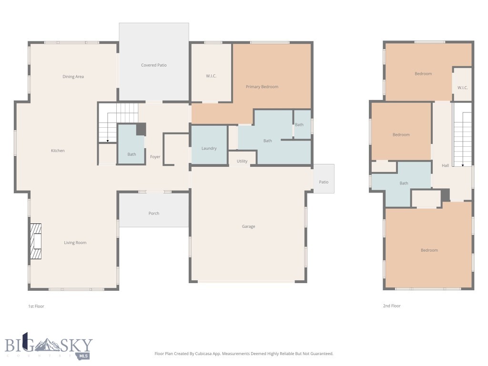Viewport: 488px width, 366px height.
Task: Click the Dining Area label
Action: (x=73, y=77)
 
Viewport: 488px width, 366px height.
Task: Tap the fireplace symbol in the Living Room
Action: (x=36, y=242)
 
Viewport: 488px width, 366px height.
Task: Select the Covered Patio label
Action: (x=153, y=65)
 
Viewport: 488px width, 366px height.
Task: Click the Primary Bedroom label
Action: (x=262, y=87)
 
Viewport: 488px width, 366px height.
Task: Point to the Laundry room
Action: (x=209, y=149)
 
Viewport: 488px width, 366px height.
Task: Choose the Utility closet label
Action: (x=242, y=161)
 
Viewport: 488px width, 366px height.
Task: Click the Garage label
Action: (x=248, y=226)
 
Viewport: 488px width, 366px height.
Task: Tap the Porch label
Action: (x=153, y=213)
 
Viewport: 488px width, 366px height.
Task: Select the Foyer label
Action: (x=155, y=157)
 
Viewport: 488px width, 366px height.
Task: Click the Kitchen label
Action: (x=58, y=151)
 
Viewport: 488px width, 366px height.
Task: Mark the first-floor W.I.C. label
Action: (x=211, y=76)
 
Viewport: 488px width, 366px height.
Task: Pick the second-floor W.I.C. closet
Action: (x=462, y=88)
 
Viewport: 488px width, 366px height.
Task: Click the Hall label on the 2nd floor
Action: (x=445, y=166)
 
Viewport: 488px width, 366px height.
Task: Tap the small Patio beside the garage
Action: (x=324, y=182)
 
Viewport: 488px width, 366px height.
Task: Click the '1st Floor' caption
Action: (x=36, y=306)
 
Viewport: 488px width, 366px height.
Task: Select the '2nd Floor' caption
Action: (x=392, y=306)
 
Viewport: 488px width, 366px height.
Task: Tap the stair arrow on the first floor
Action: (x=108, y=140)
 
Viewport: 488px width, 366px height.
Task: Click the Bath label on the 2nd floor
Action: (x=404, y=183)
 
